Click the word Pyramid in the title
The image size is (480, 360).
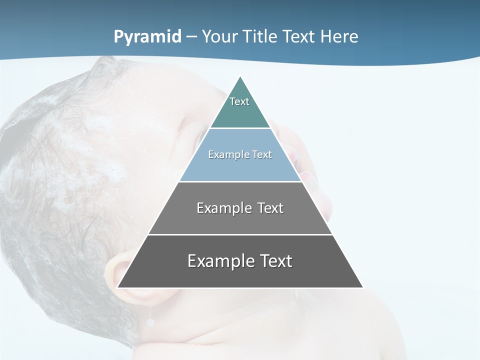[147, 37]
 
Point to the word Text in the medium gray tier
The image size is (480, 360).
[271, 208]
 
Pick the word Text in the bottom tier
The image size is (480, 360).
[275, 261]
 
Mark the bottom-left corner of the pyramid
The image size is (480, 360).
[118, 287]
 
